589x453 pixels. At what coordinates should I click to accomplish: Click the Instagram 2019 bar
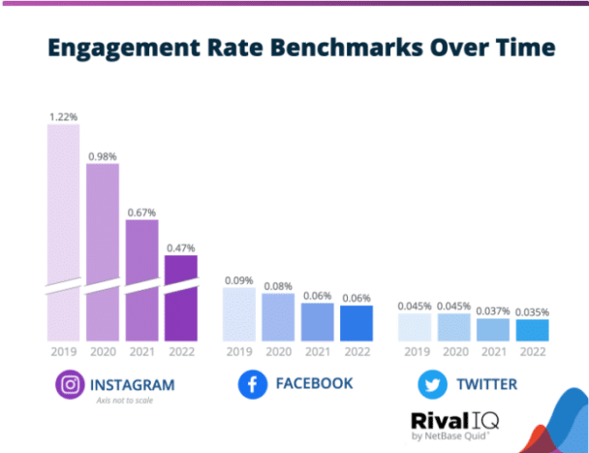pos(64,233)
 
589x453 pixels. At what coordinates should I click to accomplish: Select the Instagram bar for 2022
pos(180,297)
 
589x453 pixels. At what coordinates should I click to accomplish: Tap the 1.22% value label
pos(64,116)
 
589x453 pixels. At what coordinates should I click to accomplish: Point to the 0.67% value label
pos(141,211)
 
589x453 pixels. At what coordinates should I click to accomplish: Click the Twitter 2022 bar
pos(531,330)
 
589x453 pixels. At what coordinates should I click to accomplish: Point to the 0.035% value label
pos(531,311)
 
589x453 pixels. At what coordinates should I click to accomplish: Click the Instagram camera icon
pos(68,385)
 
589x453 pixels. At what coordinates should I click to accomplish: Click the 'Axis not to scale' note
pos(123,402)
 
